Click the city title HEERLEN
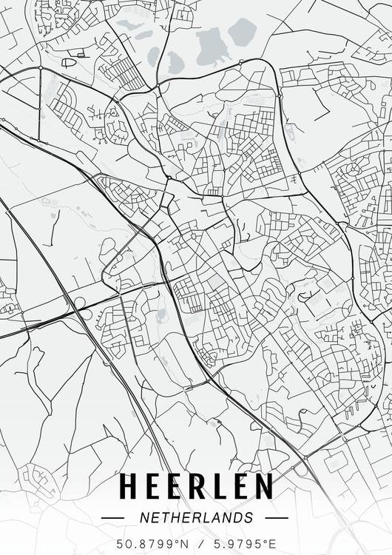coord(196,486)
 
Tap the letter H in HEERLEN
coord(127,486)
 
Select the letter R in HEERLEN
coord(197,486)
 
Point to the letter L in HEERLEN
coord(218,486)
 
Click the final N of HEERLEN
coord(263,486)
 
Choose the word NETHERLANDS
coord(195,518)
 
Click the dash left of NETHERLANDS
coord(113,518)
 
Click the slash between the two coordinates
coord(196,545)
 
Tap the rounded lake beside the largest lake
coord(242,32)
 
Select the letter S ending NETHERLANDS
coord(249,518)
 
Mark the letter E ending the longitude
coord(273,545)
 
